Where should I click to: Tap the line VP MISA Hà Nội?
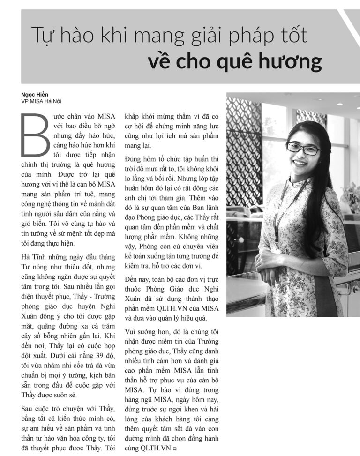tap(41, 101)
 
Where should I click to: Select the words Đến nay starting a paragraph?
tap(138, 279)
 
